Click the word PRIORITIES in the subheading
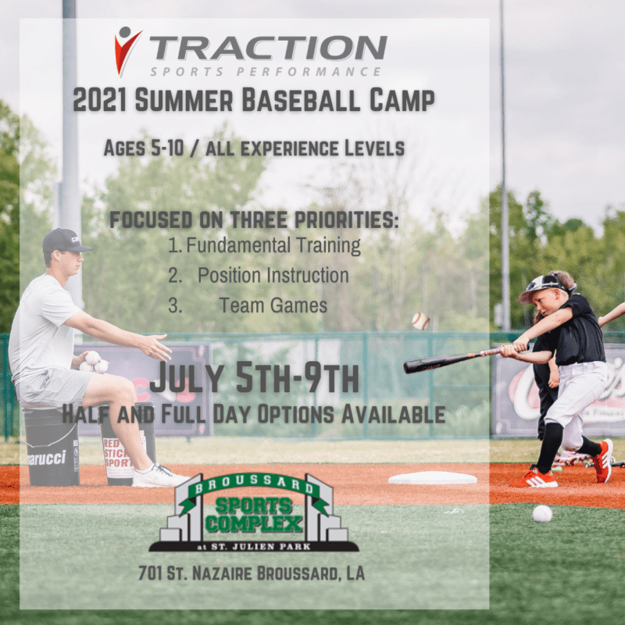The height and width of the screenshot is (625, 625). tap(342, 220)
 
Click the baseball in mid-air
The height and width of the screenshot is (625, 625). tap(420, 320)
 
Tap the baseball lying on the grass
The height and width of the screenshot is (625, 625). tap(542, 513)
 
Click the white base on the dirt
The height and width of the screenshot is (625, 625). tap(432, 477)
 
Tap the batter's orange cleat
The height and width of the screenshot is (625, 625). tap(602, 460)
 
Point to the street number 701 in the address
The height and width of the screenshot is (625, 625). tap(152, 574)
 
